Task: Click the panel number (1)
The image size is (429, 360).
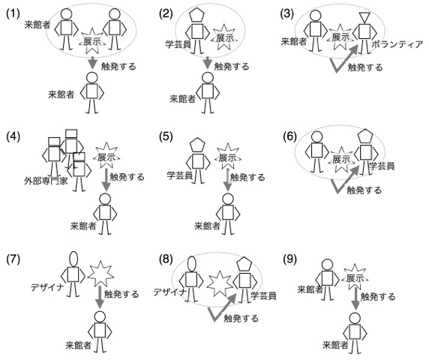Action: (13, 14)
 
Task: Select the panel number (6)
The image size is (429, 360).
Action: (290, 136)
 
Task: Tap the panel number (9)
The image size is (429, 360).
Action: (290, 259)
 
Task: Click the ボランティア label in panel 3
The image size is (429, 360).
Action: (397, 44)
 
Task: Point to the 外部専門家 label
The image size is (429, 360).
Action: (46, 181)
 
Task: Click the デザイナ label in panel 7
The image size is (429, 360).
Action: (47, 288)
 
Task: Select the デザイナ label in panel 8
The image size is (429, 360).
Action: (169, 292)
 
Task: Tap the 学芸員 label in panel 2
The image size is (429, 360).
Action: (178, 44)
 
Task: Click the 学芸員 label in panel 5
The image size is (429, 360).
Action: (180, 175)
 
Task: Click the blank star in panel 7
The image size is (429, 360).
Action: (100, 274)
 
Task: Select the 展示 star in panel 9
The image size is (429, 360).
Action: (355, 278)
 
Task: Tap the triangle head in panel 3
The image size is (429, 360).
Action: (364, 18)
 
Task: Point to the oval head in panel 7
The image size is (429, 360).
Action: (73, 259)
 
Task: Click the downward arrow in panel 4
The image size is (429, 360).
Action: (106, 180)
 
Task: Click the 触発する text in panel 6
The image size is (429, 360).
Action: (364, 190)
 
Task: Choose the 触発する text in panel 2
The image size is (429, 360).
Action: (232, 67)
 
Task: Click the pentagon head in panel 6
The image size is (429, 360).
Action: (365, 136)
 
